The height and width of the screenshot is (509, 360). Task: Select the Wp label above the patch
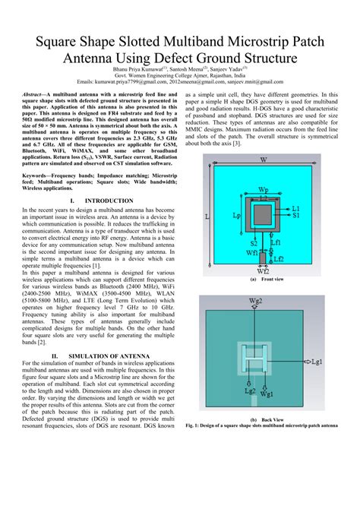click(263, 190)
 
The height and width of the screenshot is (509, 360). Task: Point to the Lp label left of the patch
click(237, 216)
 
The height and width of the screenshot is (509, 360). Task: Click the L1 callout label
click(296, 207)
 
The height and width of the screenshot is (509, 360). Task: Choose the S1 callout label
click(295, 217)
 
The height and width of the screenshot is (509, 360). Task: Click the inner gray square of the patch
click(263, 216)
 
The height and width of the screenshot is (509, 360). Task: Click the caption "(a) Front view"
click(262, 280)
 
